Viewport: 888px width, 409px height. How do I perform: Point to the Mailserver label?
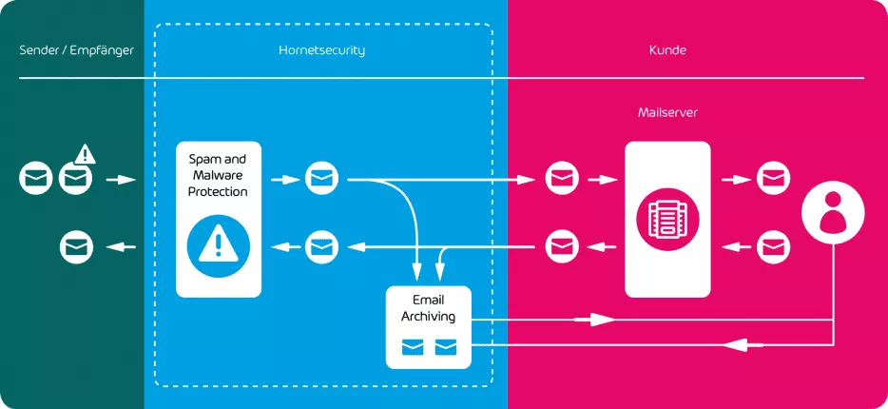[x=667, y=112]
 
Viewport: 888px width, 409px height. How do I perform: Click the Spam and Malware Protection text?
[x=218, y=176]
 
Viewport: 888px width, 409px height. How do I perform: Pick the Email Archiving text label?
[x=428, y=308]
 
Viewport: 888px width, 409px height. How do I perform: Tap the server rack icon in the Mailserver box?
[x=666, y=219]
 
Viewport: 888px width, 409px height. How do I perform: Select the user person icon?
[x=833, y=212]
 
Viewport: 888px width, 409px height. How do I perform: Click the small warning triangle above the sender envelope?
[x=86, y=153]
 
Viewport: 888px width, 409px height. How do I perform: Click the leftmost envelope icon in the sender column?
[x=36, y=178]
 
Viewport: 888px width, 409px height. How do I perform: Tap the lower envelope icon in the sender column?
[x=76, y=247]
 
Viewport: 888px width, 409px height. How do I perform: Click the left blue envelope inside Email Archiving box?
[x=412, y=347]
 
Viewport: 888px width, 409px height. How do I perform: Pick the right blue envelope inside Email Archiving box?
[x=445, y=347]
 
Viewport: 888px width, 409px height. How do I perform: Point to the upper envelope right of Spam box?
[x=321, y=178]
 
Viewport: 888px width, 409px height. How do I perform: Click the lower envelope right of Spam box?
[x=321, y=247]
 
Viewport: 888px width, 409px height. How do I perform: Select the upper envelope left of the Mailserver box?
[x=561, y=178]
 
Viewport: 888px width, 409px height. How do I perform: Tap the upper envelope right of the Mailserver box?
[x=772, y=178]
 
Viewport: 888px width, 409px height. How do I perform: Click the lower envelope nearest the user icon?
[x=772, y=247]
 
